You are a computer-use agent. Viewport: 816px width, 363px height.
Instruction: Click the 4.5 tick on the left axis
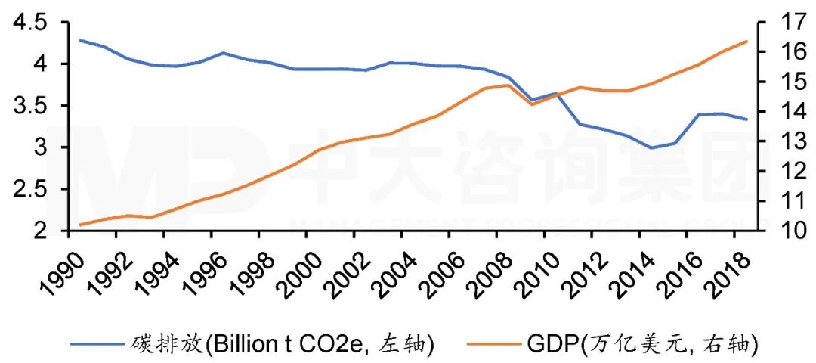click(29, 23)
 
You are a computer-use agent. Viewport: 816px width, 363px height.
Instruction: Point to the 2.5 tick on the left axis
click(29, 189)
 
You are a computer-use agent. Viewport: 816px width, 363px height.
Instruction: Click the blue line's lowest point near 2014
click(651, 147)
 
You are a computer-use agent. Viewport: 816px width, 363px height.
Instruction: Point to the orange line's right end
click(746, 41)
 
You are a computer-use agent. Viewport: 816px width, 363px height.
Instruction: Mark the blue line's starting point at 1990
click(80, 40)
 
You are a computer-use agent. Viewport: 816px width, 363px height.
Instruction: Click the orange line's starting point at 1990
click(80, 225)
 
